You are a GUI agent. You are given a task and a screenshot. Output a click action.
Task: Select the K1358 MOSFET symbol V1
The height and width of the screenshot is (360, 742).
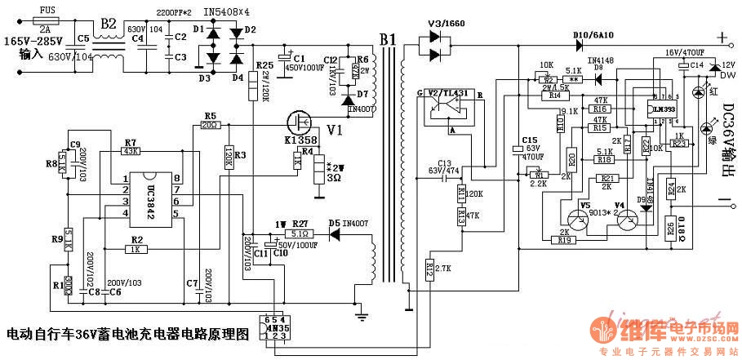[x=300, y=123]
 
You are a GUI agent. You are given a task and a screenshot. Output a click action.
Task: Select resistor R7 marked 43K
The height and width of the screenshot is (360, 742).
[x=131, y=152]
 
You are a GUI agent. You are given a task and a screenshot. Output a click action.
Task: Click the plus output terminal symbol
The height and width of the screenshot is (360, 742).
[x=721, y=38]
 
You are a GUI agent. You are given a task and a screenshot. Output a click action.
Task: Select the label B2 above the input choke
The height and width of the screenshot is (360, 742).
[x=108, y=23]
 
